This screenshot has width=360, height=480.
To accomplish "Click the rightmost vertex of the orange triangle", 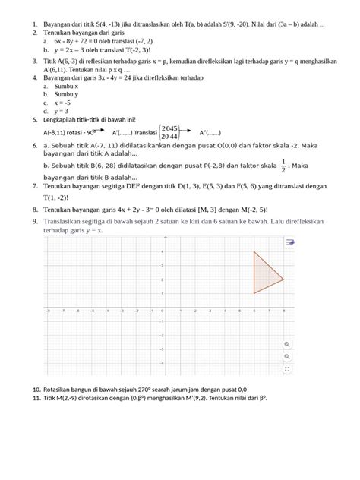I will [x=283, y=279].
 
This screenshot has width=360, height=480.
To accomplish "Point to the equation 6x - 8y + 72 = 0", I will [x=86, y=41].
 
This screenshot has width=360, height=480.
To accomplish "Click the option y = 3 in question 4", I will [x=61, y=111].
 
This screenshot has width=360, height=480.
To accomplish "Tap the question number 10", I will [x=36, y=389].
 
